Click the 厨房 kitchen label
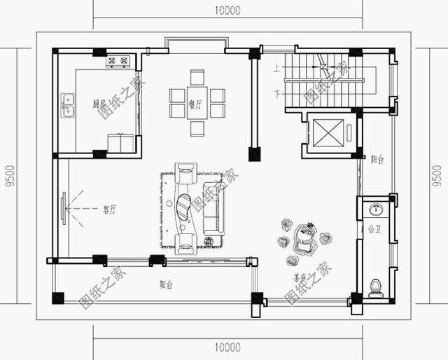click(x=99, y=104)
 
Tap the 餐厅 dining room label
click(x=196, y=104)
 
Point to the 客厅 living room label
click(x=110, y=209)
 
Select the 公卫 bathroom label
click(x=374, y=228)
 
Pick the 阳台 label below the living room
click(x=167, y=284)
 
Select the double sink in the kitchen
click(x=69, y=106)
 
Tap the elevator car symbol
click(x=327, y=133)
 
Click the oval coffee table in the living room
click(x=183, y=206)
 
